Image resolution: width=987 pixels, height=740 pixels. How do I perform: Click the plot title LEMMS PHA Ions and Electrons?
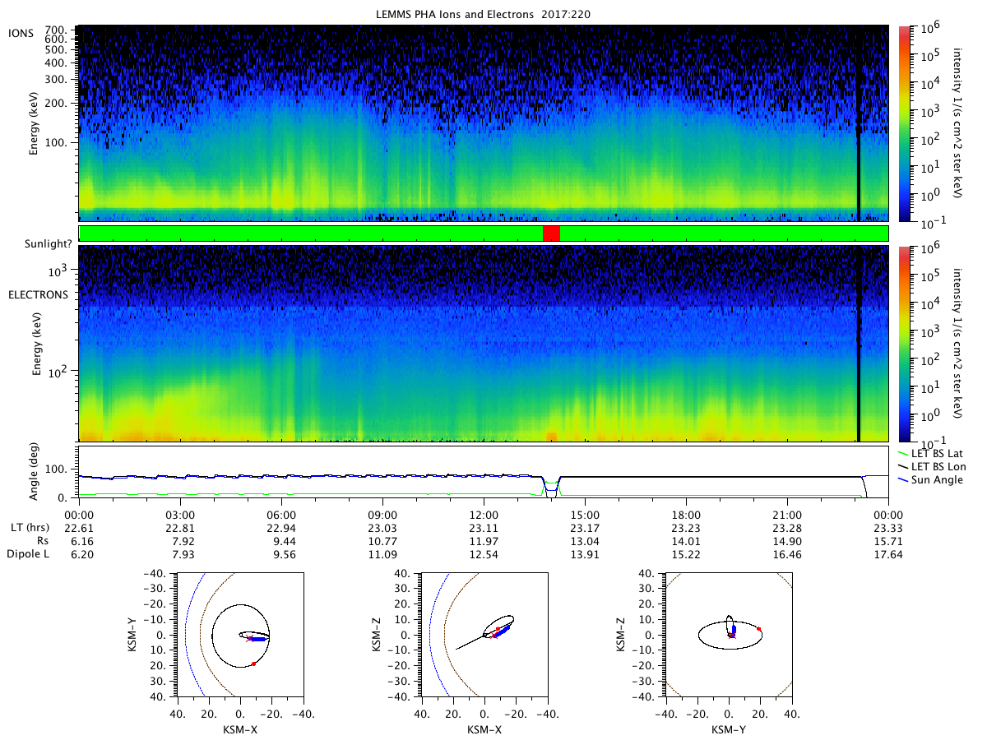click(x=455, y=14)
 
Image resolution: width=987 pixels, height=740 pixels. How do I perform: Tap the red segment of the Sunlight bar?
click(x=551, y=234)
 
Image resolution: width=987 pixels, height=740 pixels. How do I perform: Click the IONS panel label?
click(x=21, y=33)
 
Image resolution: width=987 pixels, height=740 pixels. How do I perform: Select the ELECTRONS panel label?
click(x=38, y=294)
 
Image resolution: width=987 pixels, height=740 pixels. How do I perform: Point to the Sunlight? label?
click(x=48, y=244)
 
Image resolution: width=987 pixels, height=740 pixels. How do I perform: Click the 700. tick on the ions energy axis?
click(x=56, y=30)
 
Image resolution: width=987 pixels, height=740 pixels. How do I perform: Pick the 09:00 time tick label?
click(x=382, y=515)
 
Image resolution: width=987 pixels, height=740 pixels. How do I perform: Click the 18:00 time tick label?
click(x=686, y=515)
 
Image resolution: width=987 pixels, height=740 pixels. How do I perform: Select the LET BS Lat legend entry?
click(x=930, y=454)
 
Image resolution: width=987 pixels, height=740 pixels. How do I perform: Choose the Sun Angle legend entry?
click(x=930, y=480)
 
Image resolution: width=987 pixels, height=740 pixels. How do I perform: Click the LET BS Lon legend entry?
click(x=932, y=467)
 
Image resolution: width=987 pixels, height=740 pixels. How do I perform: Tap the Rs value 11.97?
click(x=484, y=541)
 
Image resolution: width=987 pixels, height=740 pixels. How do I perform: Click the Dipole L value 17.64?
click(x=888, y=554)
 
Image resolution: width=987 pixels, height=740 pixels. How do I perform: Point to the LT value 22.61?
click(x=79, y=528)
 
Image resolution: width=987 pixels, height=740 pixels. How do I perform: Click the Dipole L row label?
click(x=28, y=554)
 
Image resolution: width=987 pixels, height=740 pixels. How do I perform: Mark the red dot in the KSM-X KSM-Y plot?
click(x=253, y=664)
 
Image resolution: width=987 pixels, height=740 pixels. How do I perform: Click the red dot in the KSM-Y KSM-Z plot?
click(x=759, y=628)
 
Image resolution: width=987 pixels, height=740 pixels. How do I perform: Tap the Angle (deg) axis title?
click(x=34, y=471)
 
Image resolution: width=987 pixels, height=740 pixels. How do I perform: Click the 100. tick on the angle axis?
click(x=56, y=469)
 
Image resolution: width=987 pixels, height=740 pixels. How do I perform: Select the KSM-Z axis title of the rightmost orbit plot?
click(x=620, y=635)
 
